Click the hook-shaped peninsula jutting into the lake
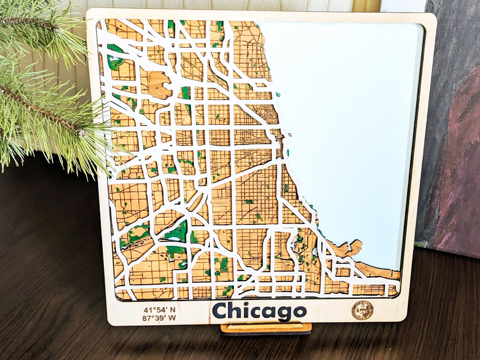tap(354, 246)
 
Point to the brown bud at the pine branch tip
tap(83, 132)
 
